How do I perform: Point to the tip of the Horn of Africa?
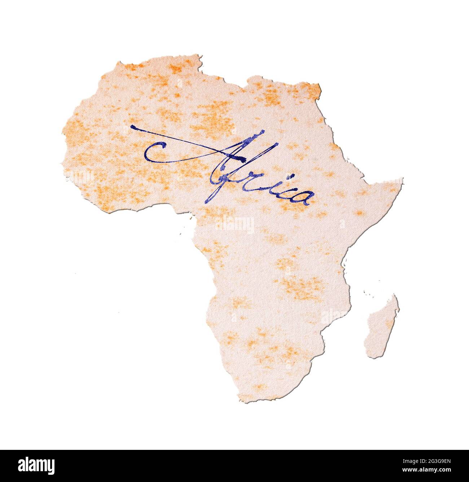pyautogui.click(x=402, y=179)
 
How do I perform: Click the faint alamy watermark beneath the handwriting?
pyautogui.click(x=235, y=226)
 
